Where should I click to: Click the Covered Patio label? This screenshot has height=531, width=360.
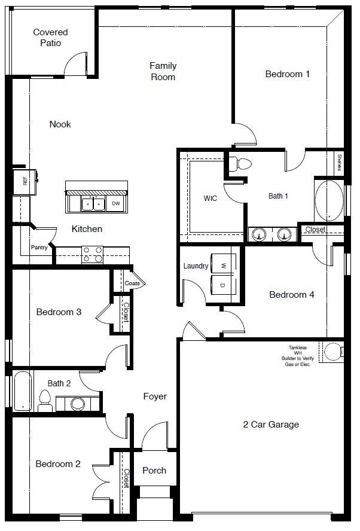(x=50, y=38)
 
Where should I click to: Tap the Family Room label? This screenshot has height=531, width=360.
(x=163, y=71)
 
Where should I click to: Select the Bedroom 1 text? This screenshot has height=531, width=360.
(x=288, y=74)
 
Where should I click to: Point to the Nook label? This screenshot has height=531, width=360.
(x=60, y=124)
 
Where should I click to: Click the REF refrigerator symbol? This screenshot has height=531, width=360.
(x=26, y=181)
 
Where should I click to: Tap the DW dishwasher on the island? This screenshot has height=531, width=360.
(x=115, y=204)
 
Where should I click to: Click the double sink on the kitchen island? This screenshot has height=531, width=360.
(x=93, y=204)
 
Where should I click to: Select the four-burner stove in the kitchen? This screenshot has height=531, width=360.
(x=92, y=254)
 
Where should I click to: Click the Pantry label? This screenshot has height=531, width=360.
(x=39, y=247)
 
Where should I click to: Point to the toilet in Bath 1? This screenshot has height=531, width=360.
(x=242, y=163)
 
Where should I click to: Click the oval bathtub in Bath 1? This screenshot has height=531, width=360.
(x=329, y=201)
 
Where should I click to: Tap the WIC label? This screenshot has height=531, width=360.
(x=210, y=198)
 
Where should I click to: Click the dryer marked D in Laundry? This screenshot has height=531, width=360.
(x=223, y=285)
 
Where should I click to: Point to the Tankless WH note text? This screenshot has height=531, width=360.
(x=298, y=356)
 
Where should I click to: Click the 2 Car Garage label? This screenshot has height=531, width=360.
(x=271, y=425)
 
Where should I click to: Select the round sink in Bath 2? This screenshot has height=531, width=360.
(x=78, y=404)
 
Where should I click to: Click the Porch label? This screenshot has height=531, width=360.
(x=154, y=470)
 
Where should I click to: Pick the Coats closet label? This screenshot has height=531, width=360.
(x=132, y=283)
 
